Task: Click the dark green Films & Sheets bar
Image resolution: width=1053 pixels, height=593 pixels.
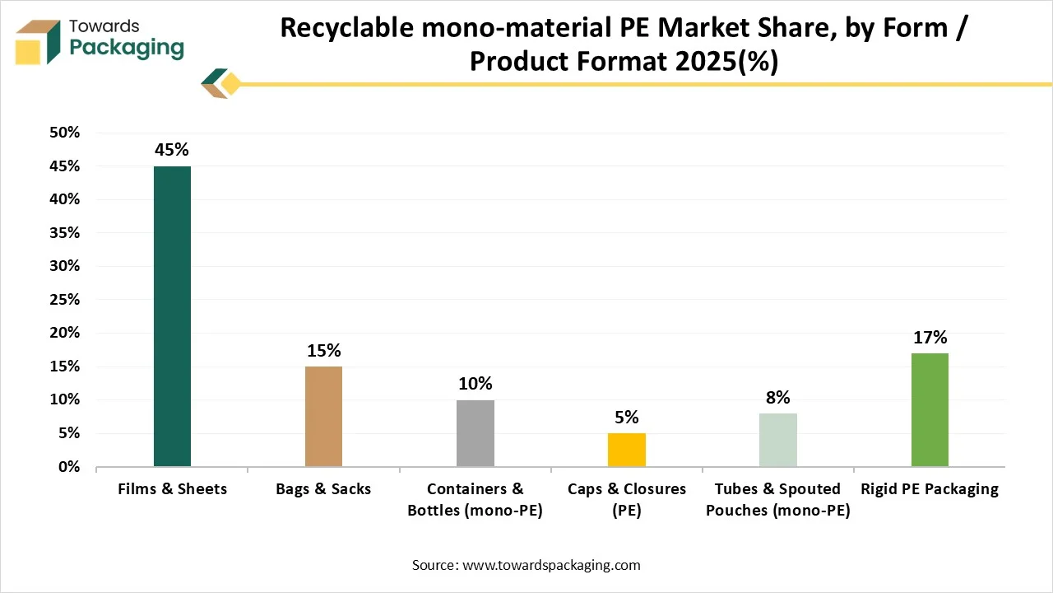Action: [172, 316]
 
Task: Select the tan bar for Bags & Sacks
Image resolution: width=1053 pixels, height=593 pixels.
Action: [323, 416]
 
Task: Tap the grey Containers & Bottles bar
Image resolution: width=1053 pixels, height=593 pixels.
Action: [475, 433]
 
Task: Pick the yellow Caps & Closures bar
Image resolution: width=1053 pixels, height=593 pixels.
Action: [627, 450]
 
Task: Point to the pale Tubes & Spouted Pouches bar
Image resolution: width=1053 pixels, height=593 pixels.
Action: [778, 440]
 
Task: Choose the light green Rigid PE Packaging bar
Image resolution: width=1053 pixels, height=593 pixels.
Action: [930, 409]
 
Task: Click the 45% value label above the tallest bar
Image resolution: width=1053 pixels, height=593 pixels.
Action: [172, 150]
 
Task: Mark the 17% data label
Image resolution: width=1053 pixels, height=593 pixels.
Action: [930, 337]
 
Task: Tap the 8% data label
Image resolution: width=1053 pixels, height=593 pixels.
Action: [778, 397]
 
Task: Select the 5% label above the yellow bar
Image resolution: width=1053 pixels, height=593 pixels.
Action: [627, 417]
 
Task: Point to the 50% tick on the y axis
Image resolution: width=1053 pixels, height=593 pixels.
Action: [65, 133]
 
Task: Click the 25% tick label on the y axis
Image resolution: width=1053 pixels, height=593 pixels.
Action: [65, 300]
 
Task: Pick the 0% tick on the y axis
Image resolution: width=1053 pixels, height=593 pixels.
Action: [68, 467]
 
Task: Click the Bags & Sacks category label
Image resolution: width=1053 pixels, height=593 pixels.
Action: [323, 489]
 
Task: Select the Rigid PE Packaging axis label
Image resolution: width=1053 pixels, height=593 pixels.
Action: [930, 489]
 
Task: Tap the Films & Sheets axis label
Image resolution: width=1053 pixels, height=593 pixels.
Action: [172, 489]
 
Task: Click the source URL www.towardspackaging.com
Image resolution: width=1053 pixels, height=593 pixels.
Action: [552, 565]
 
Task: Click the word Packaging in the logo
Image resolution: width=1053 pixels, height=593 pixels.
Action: [127, 47]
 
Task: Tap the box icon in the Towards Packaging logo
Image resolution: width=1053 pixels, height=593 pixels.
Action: [38, 41]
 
